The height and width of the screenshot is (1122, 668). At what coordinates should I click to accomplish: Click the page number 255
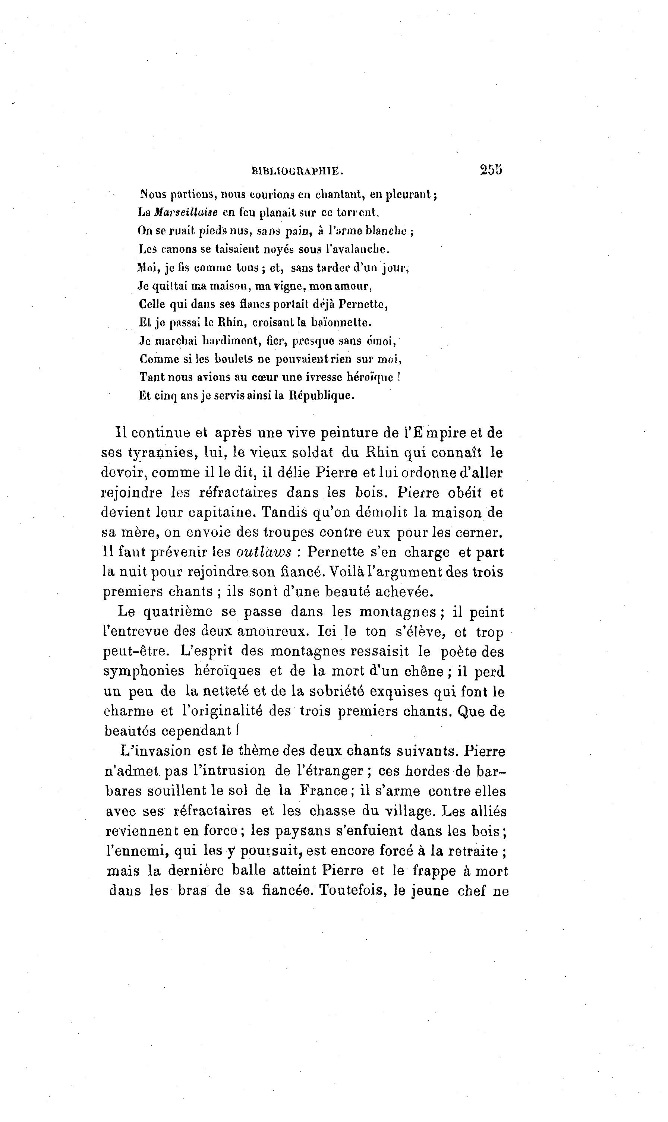pyautogui.click(x=491, y=170)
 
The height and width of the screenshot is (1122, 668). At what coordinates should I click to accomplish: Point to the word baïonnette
pyautogui.click(x=343, y=323)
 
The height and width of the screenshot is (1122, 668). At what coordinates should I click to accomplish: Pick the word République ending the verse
pyautogui.click(x=321, y=395)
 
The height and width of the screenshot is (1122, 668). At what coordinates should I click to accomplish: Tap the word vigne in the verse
pyautogui.click(x=288, y=286)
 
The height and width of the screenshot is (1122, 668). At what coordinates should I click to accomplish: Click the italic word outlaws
pyautogui.click(x=264, y=553)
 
